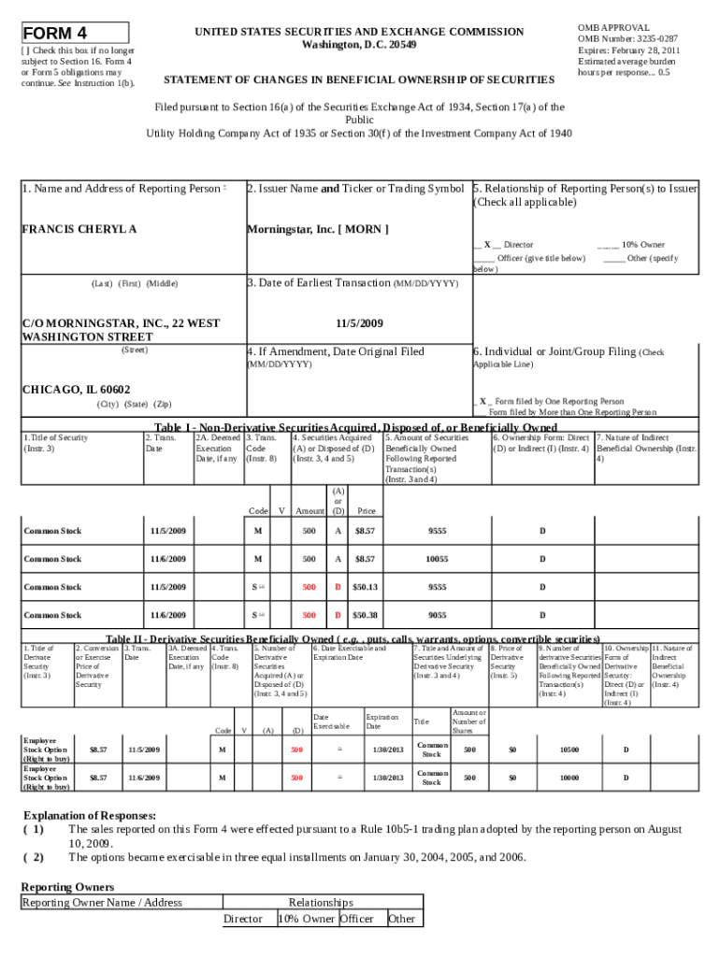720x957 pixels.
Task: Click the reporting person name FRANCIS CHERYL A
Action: tap(79, 229)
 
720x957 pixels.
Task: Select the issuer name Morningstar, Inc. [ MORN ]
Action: tap(317, 229)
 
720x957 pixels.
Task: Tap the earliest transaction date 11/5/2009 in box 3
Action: tap(358, 323)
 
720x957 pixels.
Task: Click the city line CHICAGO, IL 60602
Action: tap(76, 389)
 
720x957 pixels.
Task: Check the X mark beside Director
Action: tap(487, 244)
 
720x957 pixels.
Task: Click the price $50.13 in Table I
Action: tap(365, 587)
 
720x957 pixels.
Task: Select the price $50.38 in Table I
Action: tap(365, 615)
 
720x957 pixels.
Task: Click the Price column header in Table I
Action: tap(367, 511)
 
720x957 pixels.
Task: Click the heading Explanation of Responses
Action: tap(90, 815)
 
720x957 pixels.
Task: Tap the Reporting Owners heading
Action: tap(67, 886)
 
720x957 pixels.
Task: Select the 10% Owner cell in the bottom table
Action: tap(306, 919)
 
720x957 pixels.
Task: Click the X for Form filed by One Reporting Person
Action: tap(483, 401)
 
